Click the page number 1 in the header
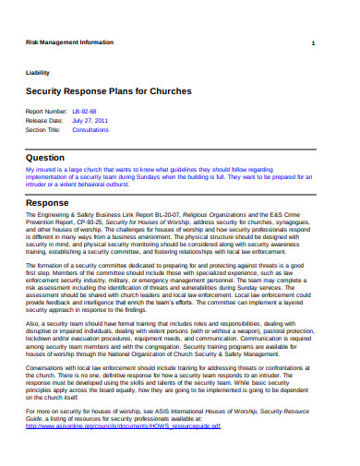[x=314, y=44]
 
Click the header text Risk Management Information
[x=69, y=42]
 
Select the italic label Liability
[x=38, y=72]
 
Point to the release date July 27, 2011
[x=90, y=120]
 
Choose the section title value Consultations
[x=90, y=130]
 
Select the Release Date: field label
[x=43, y=120]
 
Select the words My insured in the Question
[x=38, y=170]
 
